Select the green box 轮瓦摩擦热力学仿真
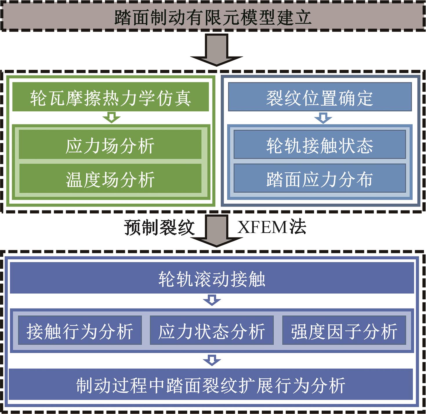(110, 97)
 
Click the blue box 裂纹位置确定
(320, 97)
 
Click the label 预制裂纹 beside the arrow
(159, 227)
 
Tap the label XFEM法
(271, 227)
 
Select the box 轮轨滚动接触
(212, 279)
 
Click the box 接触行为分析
(80, 331)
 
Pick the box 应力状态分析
(212, 331)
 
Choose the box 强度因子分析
(344, 331)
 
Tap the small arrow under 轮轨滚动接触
(212, 301)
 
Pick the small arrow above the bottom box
(212, 360)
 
